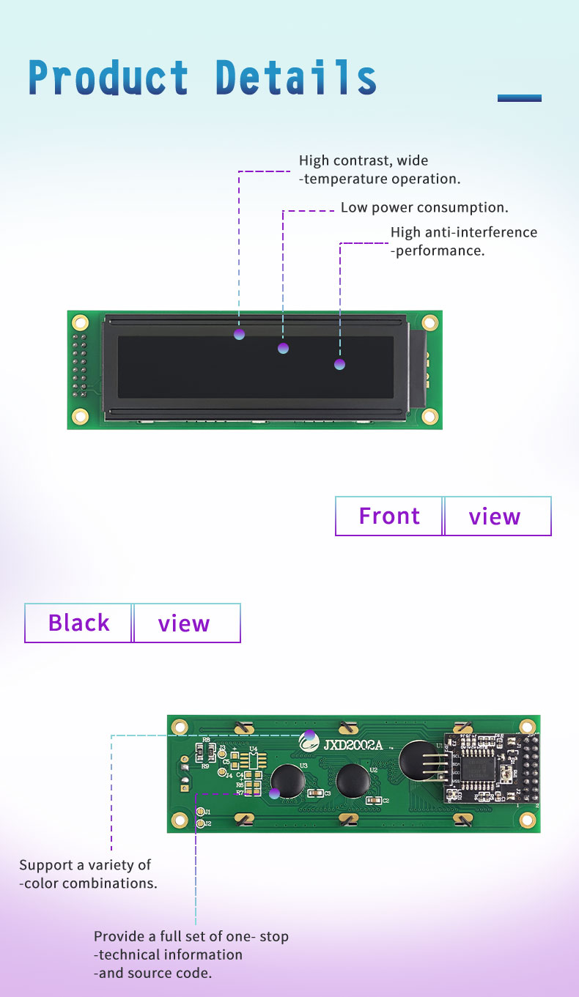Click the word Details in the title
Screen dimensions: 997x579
pos(296,78)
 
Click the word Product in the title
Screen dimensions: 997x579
pos(108,78)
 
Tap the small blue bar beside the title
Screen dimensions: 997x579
pos(519,97)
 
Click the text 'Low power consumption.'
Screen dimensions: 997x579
pos(424,208)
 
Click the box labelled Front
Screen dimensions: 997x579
pos(389,516)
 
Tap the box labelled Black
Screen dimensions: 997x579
pos(78,623)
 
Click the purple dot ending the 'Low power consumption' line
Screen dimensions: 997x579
pos(284,348)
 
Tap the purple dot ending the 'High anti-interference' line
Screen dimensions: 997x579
pos(339,364)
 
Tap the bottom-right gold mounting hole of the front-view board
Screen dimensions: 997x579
pos(430,417)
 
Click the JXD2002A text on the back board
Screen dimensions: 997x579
pos(353,745)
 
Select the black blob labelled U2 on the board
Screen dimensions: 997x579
pos(353,778)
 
